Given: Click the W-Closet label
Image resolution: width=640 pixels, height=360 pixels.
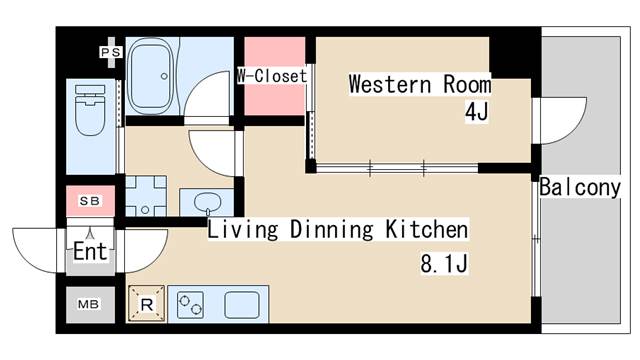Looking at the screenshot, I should [272, 76].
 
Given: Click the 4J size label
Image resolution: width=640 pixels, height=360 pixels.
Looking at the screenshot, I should [475, 112].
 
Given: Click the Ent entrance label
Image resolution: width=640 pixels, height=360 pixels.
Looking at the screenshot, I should [90, 249].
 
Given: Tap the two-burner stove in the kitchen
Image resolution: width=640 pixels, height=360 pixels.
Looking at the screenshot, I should [191, 304].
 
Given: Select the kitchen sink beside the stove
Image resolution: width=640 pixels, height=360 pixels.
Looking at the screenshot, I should [242, 304].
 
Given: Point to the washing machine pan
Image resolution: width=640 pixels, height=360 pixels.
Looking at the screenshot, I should [146, 196].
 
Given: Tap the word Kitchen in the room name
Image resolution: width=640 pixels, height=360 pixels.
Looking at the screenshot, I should [427, 231].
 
